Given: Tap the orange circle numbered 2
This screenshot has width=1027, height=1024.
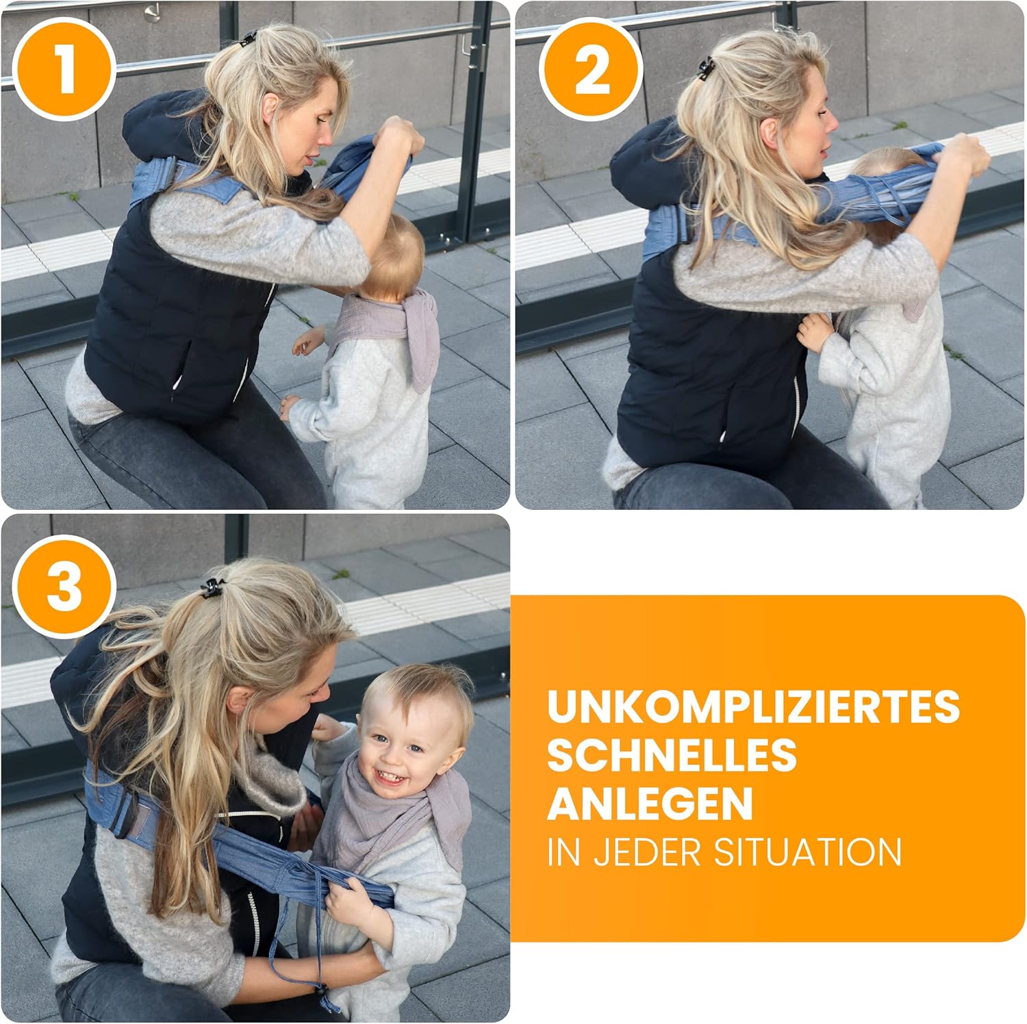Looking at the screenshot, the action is (592, 70).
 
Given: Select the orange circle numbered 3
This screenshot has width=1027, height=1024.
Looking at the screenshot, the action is (64, 587).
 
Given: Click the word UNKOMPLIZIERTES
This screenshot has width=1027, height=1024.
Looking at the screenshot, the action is (754, 706).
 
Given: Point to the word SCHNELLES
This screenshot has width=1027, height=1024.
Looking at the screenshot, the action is (672, 755).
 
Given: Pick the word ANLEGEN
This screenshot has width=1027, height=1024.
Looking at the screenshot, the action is (650, 804).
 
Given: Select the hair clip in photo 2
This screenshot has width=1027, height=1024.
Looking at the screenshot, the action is (706, 68).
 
